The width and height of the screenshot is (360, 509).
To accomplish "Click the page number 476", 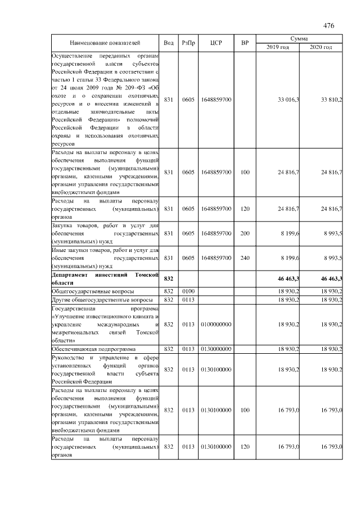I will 329,26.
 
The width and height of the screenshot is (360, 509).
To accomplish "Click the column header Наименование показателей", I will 105,43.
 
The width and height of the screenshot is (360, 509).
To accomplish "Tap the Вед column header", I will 169,43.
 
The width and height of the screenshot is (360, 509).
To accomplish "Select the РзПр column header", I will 188,43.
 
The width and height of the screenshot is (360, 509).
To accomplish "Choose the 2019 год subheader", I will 277,47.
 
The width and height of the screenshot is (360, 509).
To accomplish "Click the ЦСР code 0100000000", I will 216,324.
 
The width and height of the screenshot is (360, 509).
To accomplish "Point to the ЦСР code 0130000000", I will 216,349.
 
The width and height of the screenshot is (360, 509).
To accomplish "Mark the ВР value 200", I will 245,233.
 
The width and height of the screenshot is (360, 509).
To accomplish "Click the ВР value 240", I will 245,258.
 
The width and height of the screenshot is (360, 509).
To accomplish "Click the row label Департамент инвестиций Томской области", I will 105,278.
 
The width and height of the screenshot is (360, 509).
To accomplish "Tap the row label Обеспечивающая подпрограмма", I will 88,349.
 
